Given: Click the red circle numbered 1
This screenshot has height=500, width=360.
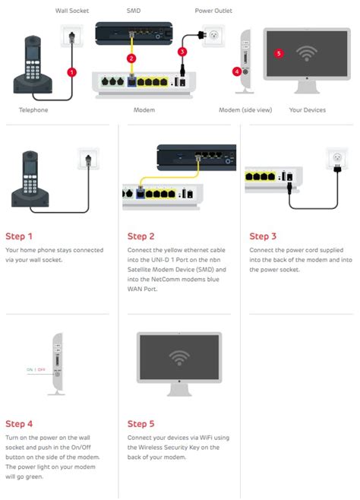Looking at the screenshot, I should click(x=72, y=72).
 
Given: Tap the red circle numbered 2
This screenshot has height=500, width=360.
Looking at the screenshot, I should click(x=132, y=58).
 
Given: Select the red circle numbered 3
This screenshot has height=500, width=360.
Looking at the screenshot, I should click(x=182, y=52).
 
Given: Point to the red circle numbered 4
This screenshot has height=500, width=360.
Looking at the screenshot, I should click(x=237, y=71).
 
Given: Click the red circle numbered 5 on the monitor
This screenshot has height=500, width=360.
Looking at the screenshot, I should click(x=279, y=53).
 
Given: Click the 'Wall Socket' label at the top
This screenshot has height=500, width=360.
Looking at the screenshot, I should click(x=72, y=11).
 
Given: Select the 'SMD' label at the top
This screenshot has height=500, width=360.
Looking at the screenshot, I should click(x=133, y=11).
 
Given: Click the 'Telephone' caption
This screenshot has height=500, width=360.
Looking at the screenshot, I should click(x=33, y=109).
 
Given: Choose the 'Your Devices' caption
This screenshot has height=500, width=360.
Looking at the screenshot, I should click(x=307, y=109).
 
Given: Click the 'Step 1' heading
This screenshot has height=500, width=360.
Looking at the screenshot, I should click(x=19, y=236).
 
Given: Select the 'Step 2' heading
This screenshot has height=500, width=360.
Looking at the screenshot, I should click(x=141, y=236).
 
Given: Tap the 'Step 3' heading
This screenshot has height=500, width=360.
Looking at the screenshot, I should click(x=263, y=236).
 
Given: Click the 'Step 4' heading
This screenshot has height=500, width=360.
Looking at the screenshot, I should click(x=19, y=424).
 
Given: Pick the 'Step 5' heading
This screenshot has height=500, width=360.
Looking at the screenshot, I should click(x=141, y=424).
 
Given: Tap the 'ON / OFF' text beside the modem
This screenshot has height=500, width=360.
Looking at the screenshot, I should click(x=36, y=369).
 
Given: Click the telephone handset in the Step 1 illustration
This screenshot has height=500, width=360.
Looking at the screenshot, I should click(x=29, y=175).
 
